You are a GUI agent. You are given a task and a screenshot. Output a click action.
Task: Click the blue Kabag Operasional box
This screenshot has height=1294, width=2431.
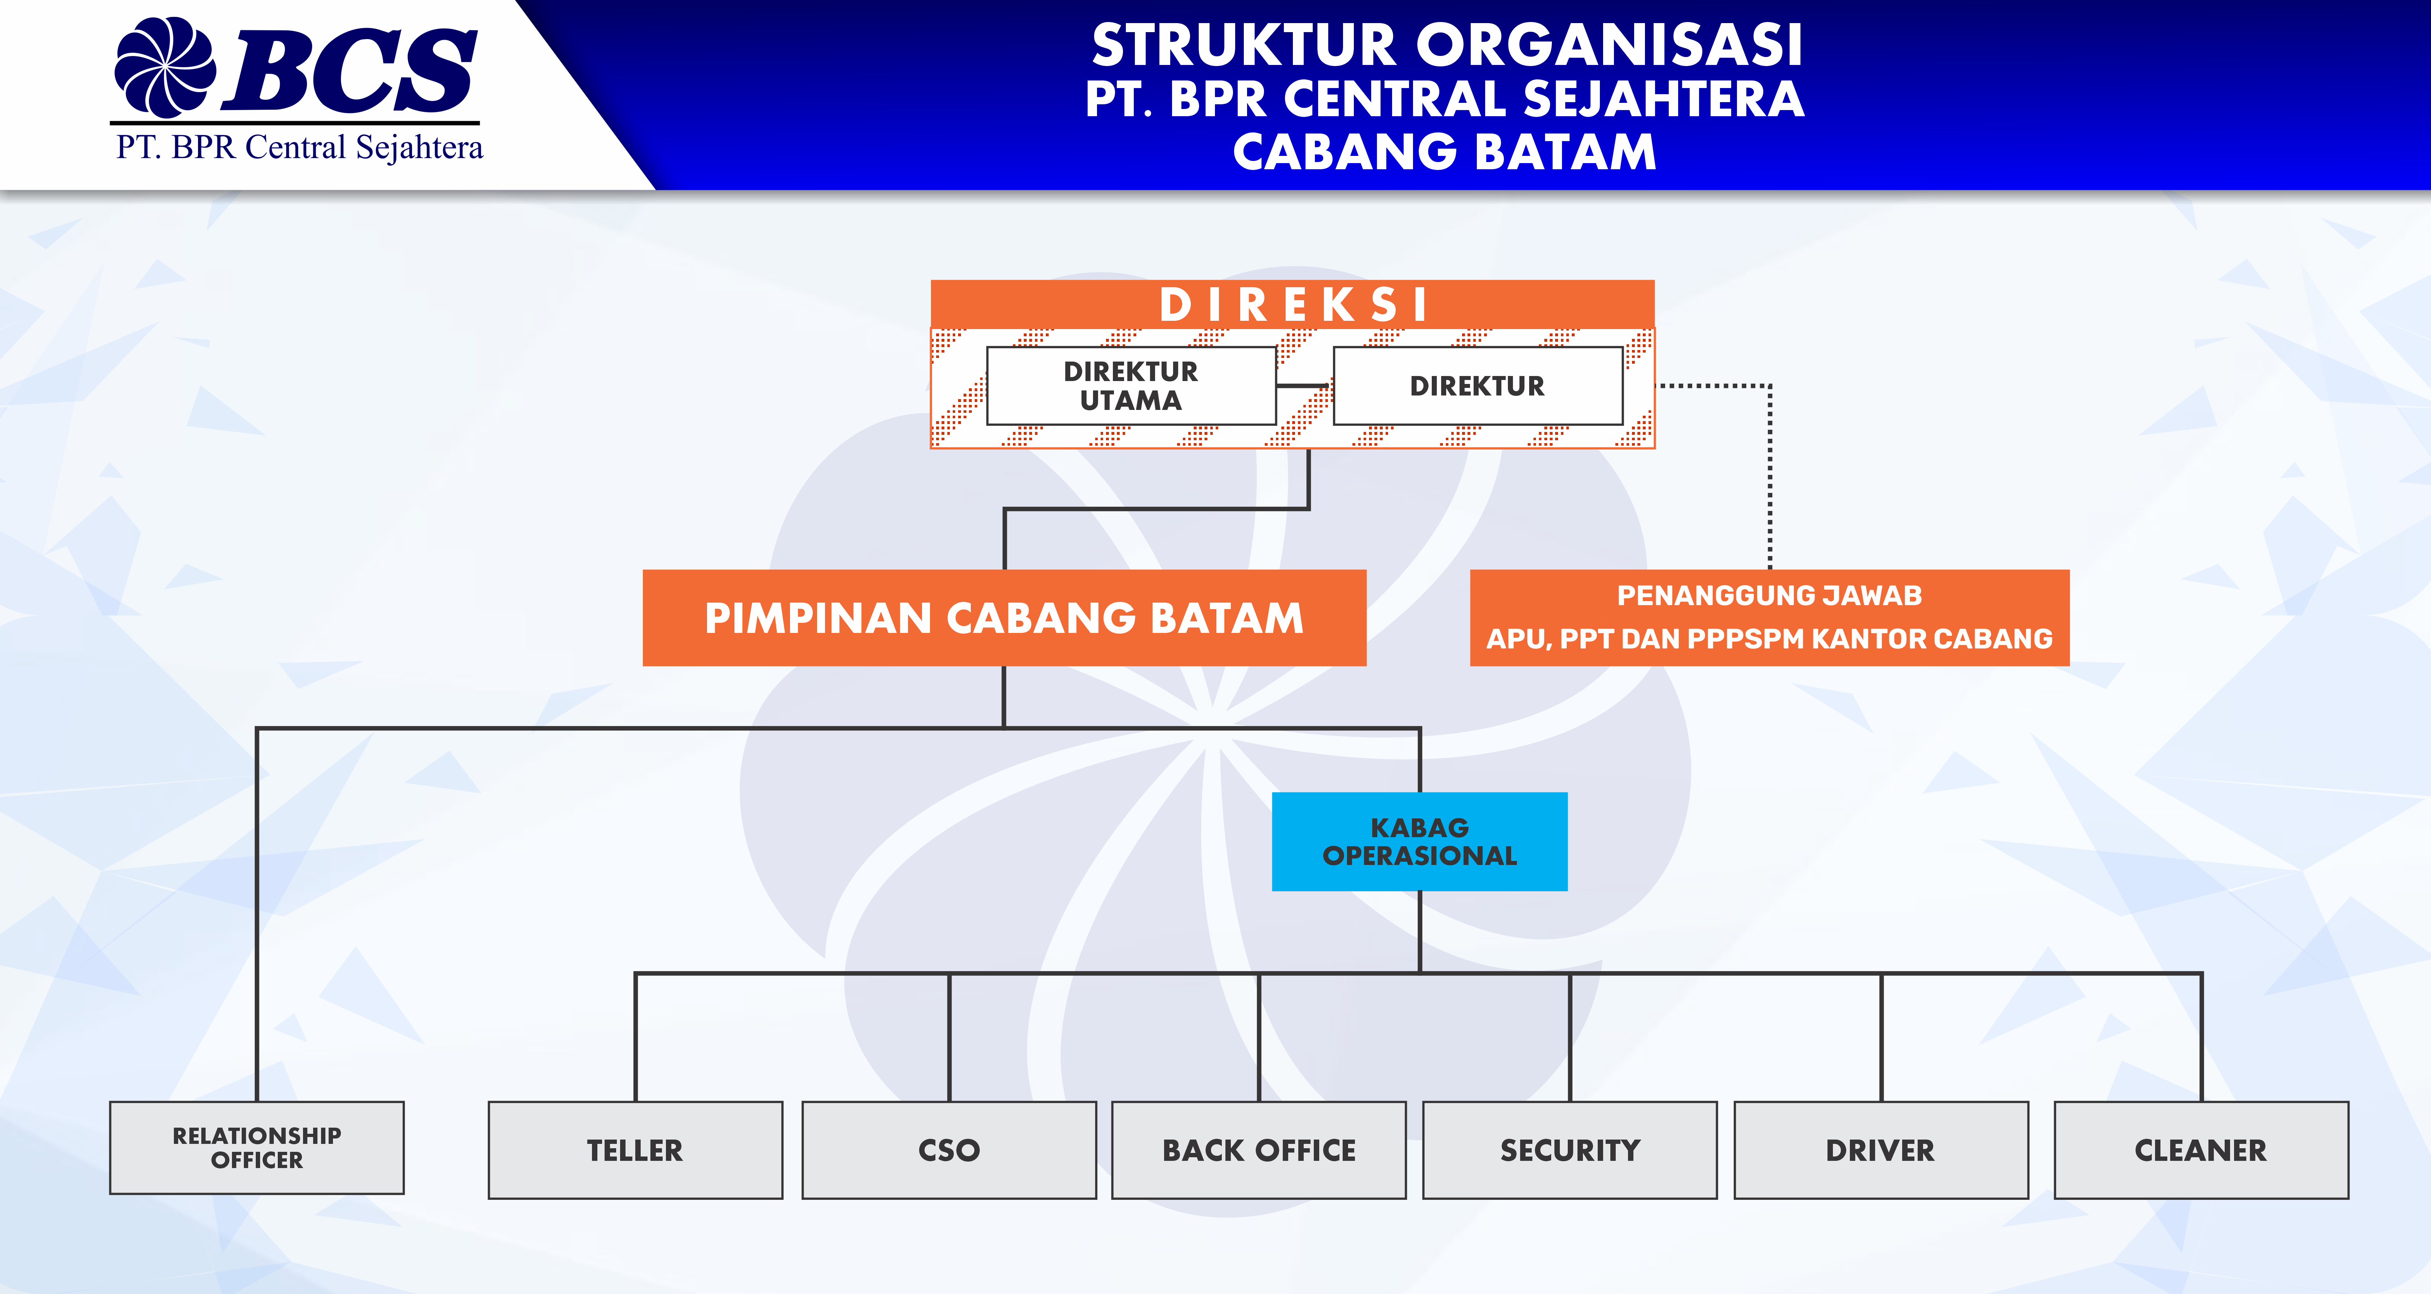[x=1419, y=841]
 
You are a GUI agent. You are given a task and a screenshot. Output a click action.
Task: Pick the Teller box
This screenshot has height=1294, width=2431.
[x=635, y=1150]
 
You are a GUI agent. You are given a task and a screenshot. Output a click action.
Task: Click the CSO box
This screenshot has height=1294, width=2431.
[x=948, y=1150]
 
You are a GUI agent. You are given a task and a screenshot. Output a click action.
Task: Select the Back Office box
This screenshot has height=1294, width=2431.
[x=1259, y=1150]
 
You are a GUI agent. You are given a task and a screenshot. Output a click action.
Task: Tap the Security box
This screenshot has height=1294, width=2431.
[x=1570, y=1150]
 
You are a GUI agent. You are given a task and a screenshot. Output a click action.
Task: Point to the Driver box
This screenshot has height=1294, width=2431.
[x=1881, y=1150]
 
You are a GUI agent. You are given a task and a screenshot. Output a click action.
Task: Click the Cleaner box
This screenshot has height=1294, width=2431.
[x=2201, y=1150]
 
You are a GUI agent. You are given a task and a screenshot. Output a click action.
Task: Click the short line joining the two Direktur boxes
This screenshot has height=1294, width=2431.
[x=1304, y=385]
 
